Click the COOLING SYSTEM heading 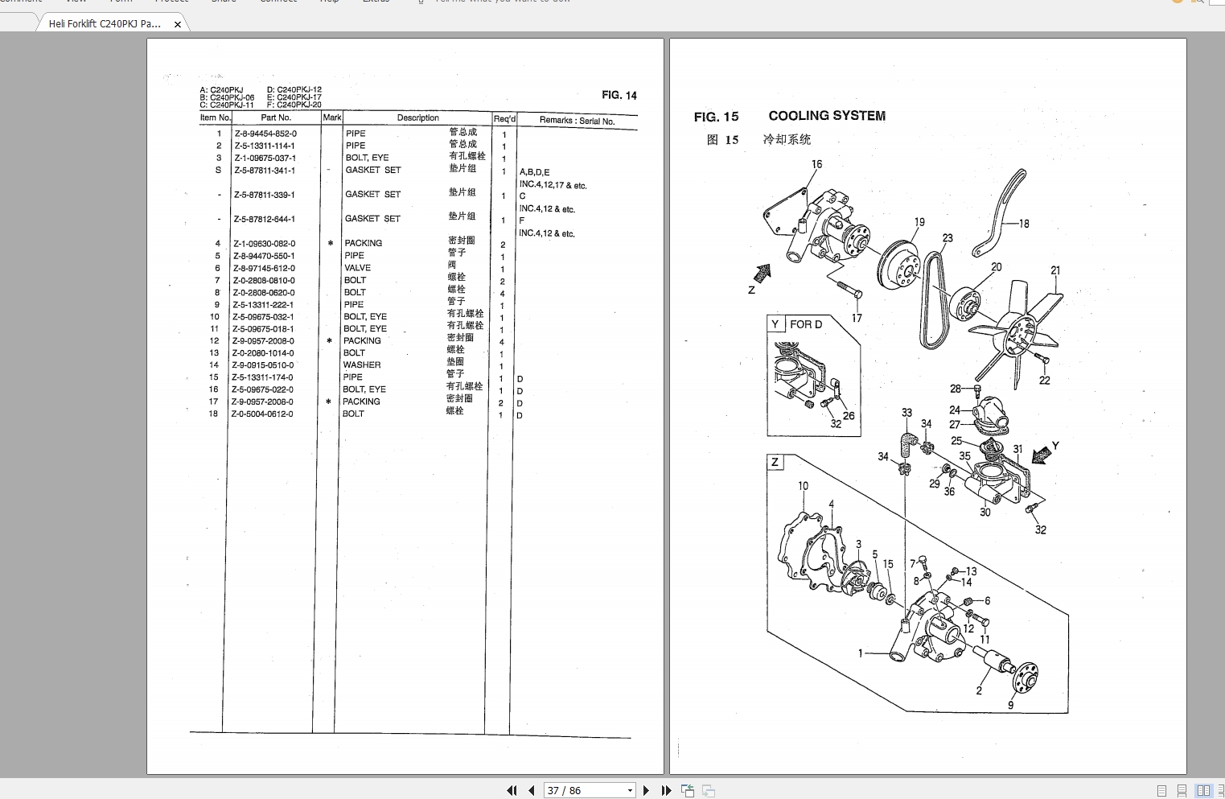coord(826,116)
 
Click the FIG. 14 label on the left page coord(619,95)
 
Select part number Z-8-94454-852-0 coord(265,134)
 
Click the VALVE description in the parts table coord(358,268)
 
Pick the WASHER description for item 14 coord(362,365)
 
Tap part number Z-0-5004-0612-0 coord(262,414)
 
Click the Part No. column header coord(276,117)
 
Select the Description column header coord(417,117)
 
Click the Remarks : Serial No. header coord(577,121)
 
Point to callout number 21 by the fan coord(1055,270)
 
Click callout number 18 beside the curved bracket coord(1023,224)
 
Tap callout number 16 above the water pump coord(816,164)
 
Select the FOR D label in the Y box coord(805,324)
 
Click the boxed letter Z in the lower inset coord(775,462)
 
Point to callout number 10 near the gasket coord(803,486)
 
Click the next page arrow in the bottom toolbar coord(646,791)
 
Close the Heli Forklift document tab coord(178,24)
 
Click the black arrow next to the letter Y coord(1042,455)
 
